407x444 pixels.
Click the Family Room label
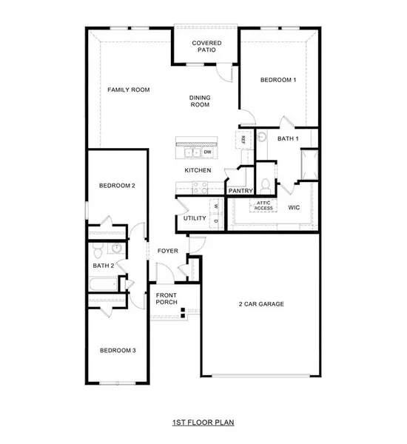click(129, 90)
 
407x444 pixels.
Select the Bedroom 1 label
click(278, 79)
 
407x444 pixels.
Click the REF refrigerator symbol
click(242, 138)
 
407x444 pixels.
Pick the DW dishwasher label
click(209, 152)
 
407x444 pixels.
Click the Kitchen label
click(198, 170)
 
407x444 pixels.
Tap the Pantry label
click(240, 190)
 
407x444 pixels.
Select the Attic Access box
click(264, 205)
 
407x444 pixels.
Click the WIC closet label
click(294, 208)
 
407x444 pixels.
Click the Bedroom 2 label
click(117, 186)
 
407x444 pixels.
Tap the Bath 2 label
click(103, 265)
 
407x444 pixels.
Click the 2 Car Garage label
click(261, 304)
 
